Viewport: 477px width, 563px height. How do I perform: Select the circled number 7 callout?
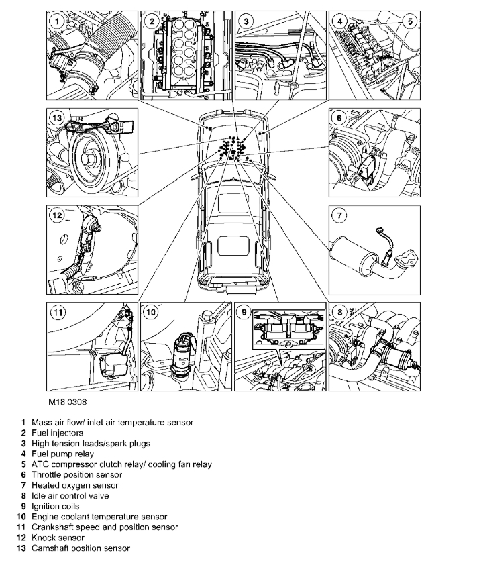click(340, 216)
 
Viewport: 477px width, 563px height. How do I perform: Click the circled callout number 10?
click(151, 312)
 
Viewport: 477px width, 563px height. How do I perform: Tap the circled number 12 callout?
click(56, 215)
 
